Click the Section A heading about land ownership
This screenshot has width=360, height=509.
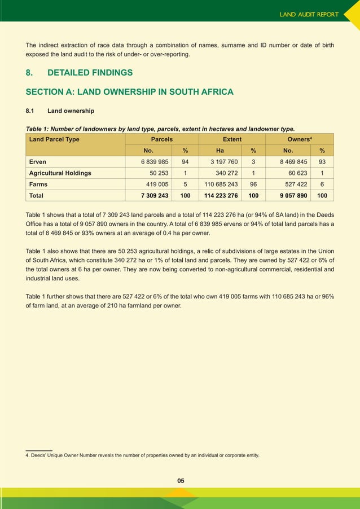tap(129, 92)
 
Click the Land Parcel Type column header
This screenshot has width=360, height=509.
tap(54, 139)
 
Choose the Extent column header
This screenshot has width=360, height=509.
tap(232, 139)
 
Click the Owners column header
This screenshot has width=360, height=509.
tap(300, 139)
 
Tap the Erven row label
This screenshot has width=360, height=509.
tap(38, 162)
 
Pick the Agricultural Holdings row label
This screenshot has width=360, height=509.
tap(60, 173)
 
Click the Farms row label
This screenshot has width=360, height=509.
tap(38, 185)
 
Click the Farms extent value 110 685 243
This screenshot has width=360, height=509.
tap(221, 185)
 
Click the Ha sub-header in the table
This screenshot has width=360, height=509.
tap(220, 151)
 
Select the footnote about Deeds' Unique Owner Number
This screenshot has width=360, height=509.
tap(143, 455)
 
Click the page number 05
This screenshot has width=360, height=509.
tap(181, 481)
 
